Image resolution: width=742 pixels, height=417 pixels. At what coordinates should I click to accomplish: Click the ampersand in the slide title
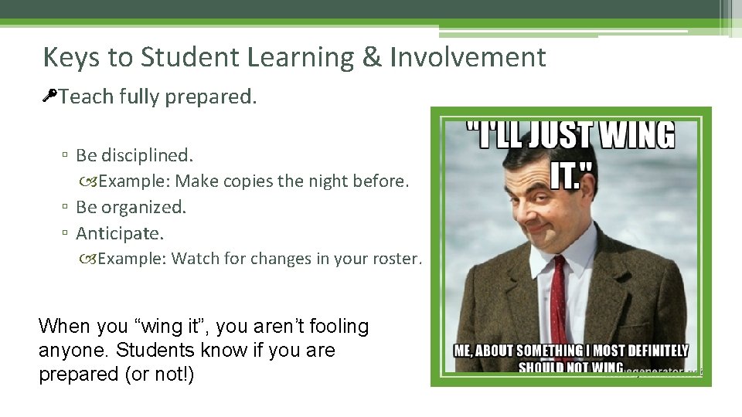372,57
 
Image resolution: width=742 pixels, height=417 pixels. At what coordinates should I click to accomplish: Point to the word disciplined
145,155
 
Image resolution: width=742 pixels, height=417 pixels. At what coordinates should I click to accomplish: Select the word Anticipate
120,232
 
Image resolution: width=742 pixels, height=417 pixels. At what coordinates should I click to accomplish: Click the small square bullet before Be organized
66,208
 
